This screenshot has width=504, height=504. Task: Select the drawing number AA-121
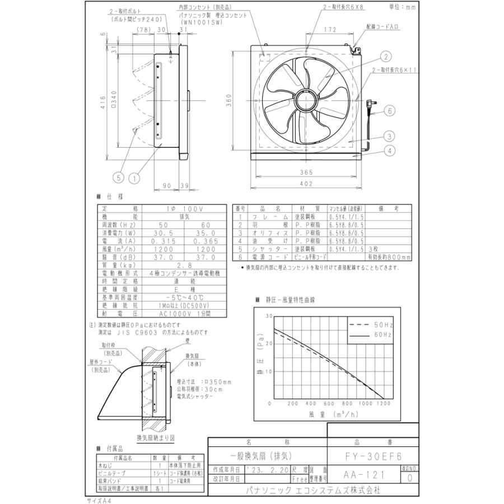point(363,474)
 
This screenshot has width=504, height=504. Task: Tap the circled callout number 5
point(118,178)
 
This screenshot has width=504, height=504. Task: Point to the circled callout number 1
point(134,178)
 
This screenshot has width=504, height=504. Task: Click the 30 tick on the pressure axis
point(269,316)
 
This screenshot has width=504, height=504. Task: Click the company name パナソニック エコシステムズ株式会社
point(313,489)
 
